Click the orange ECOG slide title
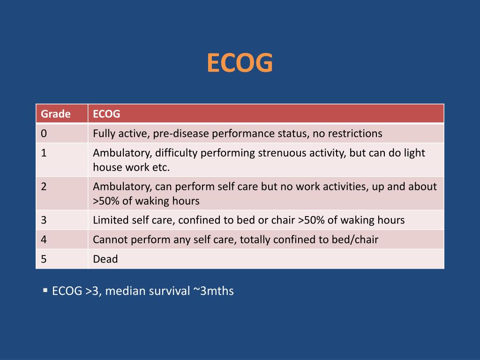[240, 63]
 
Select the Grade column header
[56, 114]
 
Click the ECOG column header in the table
[106, 114]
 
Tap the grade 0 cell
[44, 134]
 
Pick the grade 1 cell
[44, 153]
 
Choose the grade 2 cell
[44, 187]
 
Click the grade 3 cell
[44, 220]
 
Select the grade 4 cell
[44, 240]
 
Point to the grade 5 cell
[44, 259]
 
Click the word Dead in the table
[105, 259]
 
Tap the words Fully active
[120, 134]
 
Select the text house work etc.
[131, 167]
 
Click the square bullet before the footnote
[45, 291]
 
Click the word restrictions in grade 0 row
[355, 134]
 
